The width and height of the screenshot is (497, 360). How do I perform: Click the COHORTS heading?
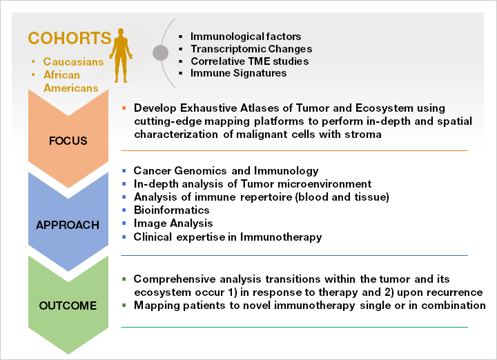click(x=70, y=39)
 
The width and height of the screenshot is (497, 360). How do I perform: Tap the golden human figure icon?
click(x=121, y=55)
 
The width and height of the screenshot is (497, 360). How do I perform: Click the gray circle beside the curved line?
click(x=160, y=52)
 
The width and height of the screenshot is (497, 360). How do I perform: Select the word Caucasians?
click(x=74, y=62)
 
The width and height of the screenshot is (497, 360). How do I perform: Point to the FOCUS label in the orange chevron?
click(x=68, y=141)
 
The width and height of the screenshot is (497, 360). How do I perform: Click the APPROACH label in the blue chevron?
click(x=68, y=225)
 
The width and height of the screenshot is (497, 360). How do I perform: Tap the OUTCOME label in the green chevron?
click(x=68, y=306)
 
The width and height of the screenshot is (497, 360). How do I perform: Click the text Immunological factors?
click(x=246, y=37)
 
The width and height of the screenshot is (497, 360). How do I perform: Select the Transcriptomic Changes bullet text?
click(x=251, y=49)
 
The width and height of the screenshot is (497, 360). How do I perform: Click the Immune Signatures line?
click(x=238, y=73)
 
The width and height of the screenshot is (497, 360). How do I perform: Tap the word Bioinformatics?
click(x=171, y=210)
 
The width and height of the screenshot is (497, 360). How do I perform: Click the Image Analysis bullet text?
click(x=173, y=223)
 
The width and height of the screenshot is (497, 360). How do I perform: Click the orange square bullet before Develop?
click(x=124, y=108)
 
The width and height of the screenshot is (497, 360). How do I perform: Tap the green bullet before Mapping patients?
click(x=124, y=306)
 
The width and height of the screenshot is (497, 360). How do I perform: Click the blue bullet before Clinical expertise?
click(x=124, y=237)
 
